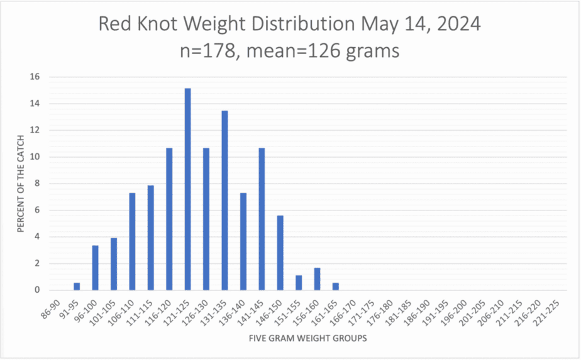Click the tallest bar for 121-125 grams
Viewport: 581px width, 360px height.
(x=187, y=188)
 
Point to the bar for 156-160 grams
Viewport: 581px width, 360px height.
(x=318, y=280)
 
